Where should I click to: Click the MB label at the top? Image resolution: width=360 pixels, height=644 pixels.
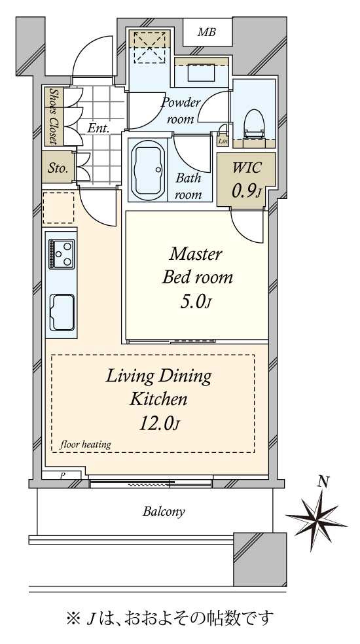[x=207, y=33]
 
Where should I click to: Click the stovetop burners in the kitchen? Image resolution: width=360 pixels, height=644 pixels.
[x=62, y=254]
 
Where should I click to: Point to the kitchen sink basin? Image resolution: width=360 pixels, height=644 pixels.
[x=62, y=312]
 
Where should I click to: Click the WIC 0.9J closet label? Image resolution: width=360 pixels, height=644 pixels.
[x=247, y=179]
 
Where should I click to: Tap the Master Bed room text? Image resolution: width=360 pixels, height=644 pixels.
[x=197, y=266]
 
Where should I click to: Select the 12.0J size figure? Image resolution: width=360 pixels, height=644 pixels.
[x=160, y=424]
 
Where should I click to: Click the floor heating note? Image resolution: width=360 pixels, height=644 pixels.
[x=86, y=444]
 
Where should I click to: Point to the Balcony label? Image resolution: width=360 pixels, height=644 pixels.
[x=164, y=511]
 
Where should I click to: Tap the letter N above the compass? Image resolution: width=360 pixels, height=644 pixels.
[x=324, y=481]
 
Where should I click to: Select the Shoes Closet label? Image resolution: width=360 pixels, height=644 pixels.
[x=54, y=116]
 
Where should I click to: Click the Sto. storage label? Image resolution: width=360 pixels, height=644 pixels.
[x=58, y=168]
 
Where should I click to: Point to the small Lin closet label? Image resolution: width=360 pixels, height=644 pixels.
[x=223, y=141]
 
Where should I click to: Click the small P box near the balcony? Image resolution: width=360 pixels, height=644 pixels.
[x=63, y=475]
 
